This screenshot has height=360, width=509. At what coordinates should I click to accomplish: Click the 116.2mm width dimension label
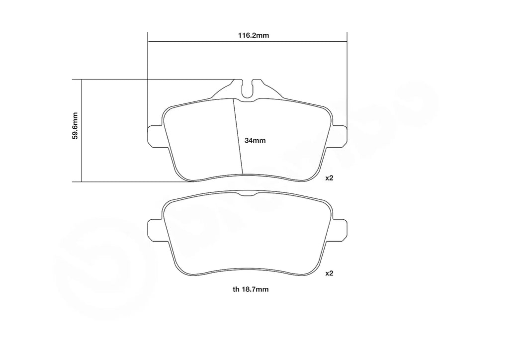[x=247, y=36]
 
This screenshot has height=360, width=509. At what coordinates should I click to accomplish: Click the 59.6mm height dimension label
[x=75, y=126]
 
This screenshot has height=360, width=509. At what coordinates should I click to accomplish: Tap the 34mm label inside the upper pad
[x=255, y=141]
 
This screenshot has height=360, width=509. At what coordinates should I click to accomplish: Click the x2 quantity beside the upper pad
[x=329, y=178]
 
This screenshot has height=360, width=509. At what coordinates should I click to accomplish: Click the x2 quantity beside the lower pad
[x=329, y=273]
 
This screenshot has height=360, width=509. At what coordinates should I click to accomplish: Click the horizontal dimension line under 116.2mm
[x=199, y=41]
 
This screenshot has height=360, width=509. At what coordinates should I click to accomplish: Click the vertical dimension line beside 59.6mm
[x=81, y=149]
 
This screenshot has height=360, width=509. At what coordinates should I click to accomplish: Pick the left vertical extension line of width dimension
[x=148, y=75]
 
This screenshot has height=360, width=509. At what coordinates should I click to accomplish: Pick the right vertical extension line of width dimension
[x=346, y=75]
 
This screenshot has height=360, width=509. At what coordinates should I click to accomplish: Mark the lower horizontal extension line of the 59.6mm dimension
[x=129, y=182]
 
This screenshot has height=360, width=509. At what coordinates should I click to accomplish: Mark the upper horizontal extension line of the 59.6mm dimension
[x=149, y=79]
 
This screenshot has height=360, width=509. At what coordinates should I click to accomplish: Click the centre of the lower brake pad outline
[x=247, y=234]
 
